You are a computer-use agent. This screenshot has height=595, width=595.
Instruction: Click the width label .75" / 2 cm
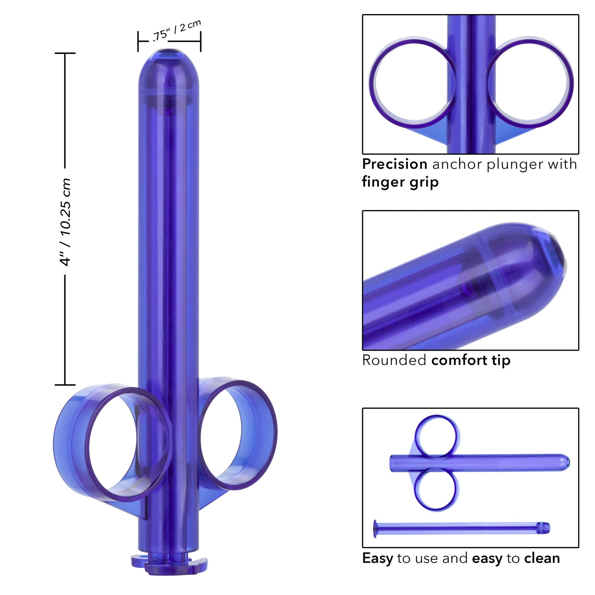click(177, 30)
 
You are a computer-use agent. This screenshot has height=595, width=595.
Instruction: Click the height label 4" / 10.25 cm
click(65, 222)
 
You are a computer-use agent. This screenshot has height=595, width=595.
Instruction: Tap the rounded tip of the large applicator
click(169, 63)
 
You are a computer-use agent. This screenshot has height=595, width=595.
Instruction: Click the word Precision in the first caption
click(395, 164)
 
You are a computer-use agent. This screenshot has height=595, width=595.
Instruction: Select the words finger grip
click(400, 182)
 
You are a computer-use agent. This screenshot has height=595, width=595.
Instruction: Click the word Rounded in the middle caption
click(394, 360)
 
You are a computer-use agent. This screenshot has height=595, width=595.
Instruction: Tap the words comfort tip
click(471, 360)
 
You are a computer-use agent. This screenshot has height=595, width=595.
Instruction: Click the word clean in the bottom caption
click(542, 558)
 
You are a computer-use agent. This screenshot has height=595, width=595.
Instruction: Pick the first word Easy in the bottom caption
click(377, 558)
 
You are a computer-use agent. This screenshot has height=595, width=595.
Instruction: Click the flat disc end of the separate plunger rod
click(375, 528)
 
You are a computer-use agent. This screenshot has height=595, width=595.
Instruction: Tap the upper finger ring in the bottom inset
click(437, 435)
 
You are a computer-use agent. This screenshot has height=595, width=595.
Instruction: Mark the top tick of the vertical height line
click(65, 53)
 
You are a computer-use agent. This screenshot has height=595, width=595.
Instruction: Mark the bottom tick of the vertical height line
click(65, 385)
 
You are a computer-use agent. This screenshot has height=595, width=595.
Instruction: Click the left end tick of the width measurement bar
click(138, 41)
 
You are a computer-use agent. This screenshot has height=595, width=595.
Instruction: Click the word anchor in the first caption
click(457, 164)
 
